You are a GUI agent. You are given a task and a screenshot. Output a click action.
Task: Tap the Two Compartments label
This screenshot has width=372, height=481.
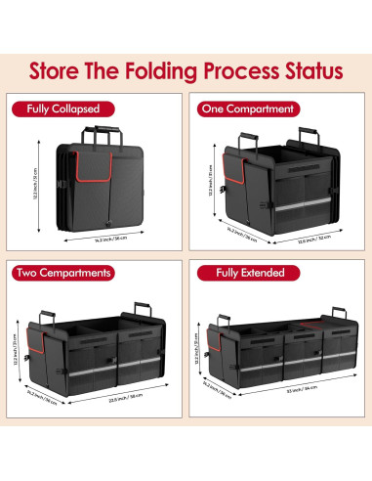coord(62,273)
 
